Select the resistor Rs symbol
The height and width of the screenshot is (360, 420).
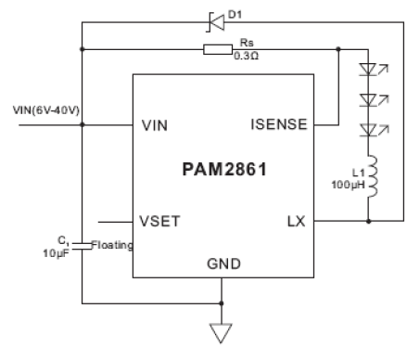217,47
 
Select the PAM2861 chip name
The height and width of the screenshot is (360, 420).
223,171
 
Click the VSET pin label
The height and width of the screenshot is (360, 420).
161,222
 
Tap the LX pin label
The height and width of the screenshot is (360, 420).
294,222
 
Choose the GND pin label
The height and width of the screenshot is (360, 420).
223,264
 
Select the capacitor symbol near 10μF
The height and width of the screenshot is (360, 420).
82,245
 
